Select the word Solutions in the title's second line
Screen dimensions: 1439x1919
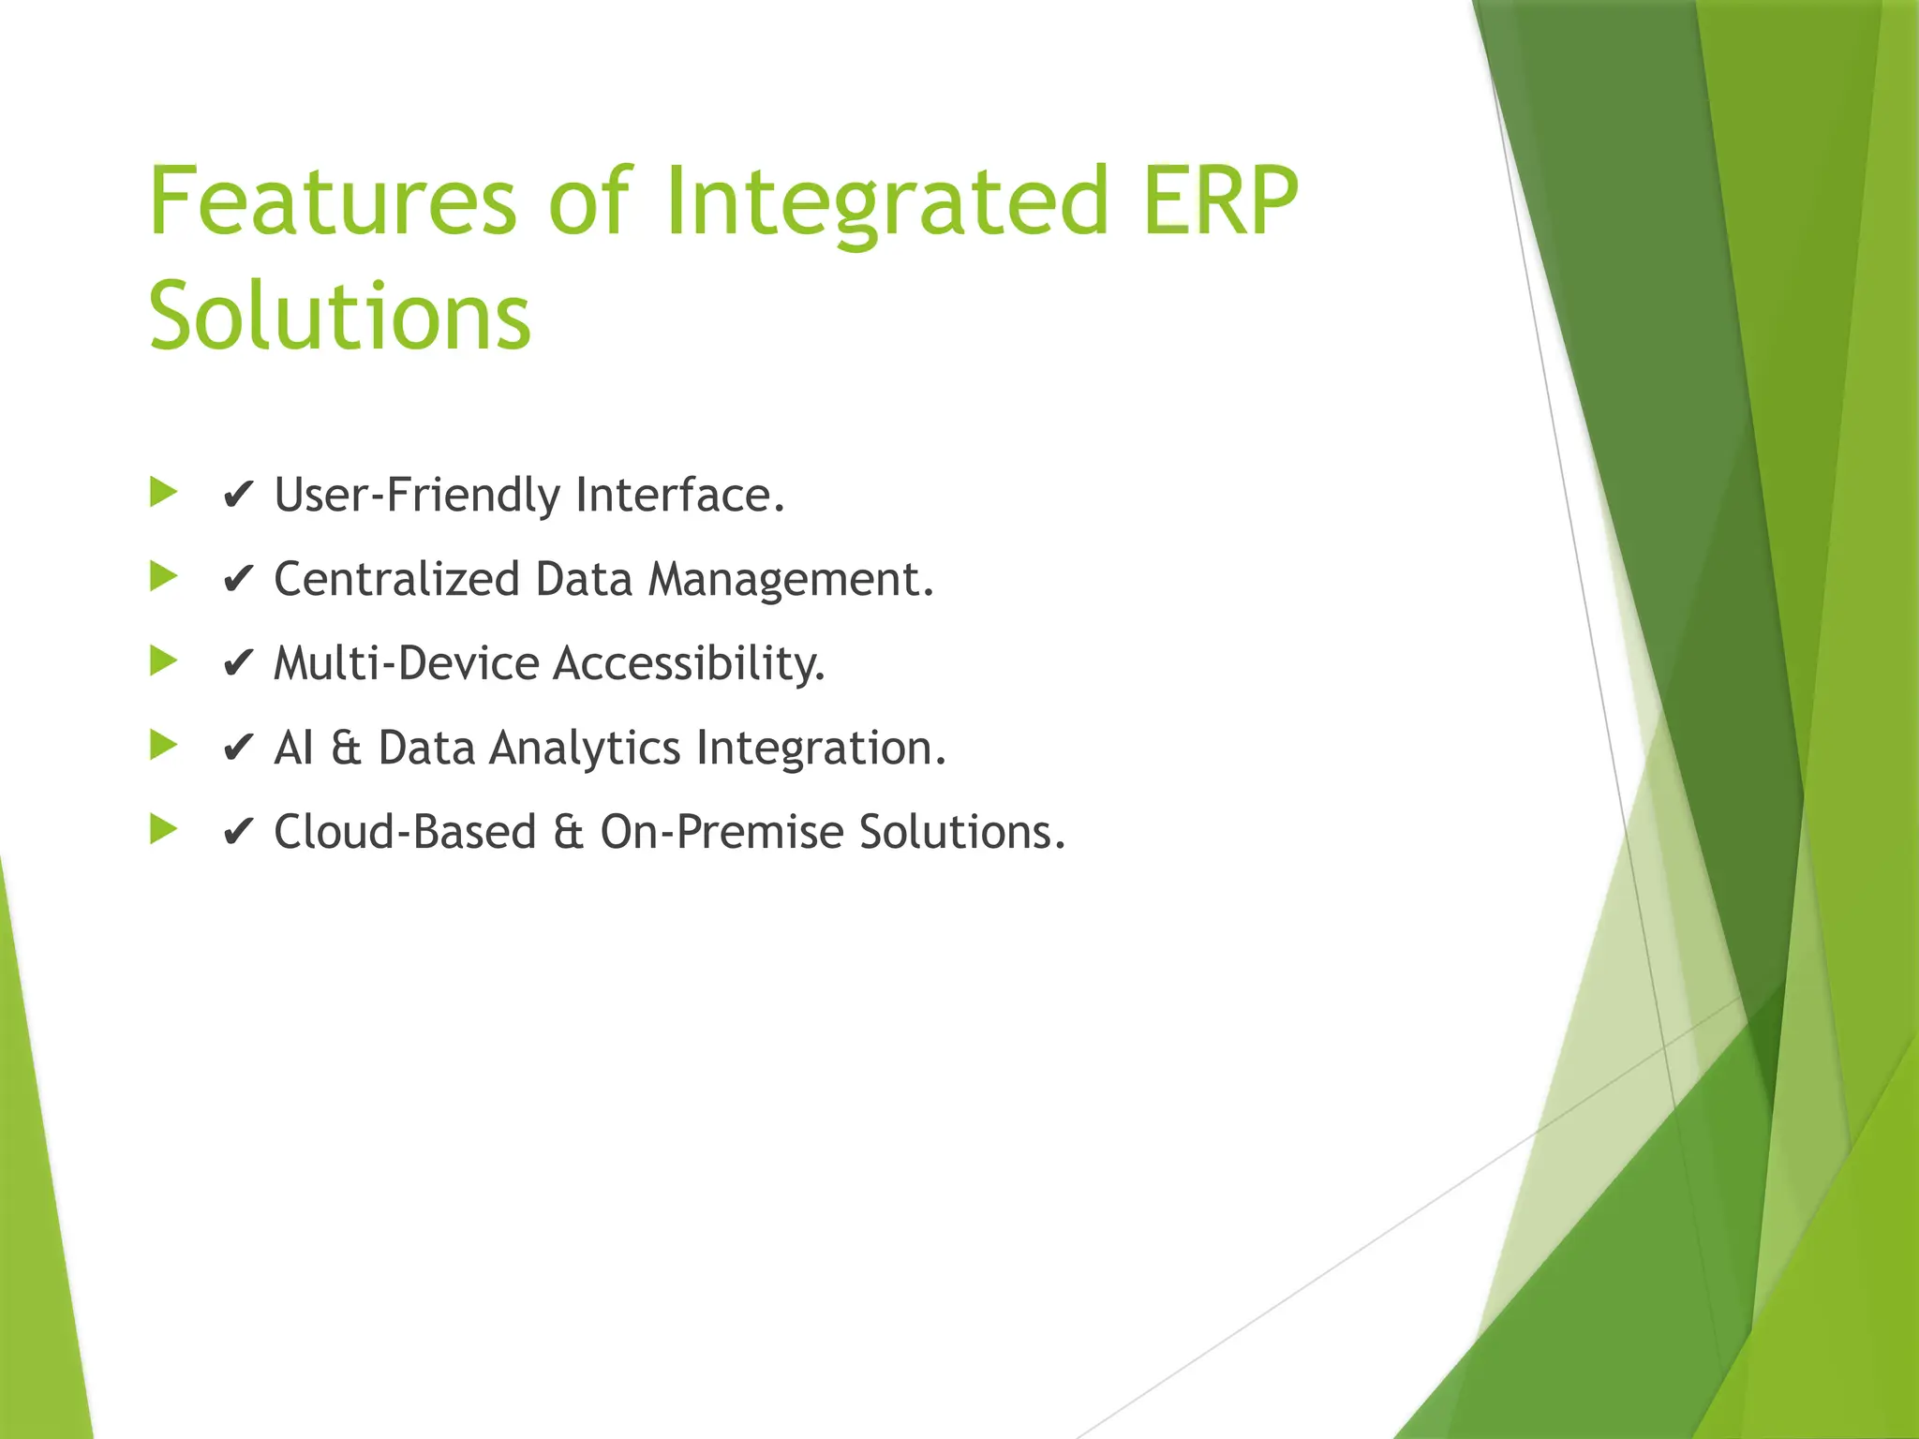click(340, 316)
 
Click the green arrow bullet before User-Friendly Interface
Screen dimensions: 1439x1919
click(164, 492)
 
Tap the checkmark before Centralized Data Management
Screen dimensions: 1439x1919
click(238, 580)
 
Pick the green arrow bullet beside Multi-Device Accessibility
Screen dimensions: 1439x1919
click(164, 661)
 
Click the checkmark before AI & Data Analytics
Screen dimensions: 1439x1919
click(238, 749)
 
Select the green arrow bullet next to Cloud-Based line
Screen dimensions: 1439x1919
click(164, 829)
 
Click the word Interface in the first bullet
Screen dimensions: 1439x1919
click(679, 495)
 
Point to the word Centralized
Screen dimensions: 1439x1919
click(396, 579)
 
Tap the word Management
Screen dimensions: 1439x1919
click(791, 579)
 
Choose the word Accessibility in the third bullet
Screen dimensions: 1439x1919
click(689, 663)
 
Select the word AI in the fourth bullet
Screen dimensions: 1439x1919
click(293, 748)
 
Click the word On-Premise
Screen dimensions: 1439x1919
click(721, 832)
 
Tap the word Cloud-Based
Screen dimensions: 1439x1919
click(405, 832)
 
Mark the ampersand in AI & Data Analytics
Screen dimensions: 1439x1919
click(346, 748)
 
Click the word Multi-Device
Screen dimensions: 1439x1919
click(407, 663)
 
